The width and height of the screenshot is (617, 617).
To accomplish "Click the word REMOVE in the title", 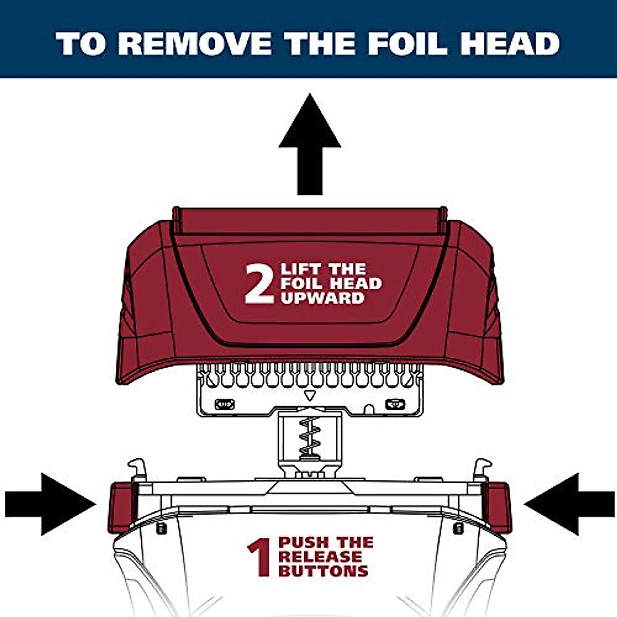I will pyautogui.click(x=198, y=43).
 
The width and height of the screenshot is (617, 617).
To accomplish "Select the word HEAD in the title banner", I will pyautogui.click(x=509, y=43).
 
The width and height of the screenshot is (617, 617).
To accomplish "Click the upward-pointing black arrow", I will pyautogui.click(x=310, y=149).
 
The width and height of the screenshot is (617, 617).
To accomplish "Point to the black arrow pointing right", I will pyautogui.click(x=51, y=504).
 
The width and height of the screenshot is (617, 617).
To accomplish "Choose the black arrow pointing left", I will pyautogui.click(x=568, y=504).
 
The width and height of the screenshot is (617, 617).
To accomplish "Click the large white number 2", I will pyautogui.click(x=259, y=284).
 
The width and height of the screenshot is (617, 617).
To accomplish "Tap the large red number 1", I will pyautogui.click(x=260, y=557).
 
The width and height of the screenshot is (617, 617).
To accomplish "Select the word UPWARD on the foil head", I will pyautogui.click(x=322, y=298).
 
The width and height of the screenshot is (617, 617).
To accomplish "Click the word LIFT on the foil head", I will pyautogui.click(x=300, y=269).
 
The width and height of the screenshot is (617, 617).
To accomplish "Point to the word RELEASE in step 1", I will pyautogui.click(x=320, y=556).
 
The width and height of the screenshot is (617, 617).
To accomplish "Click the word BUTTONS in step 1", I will pyautogui.click(x=323, y=570).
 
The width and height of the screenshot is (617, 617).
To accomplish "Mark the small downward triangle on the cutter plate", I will pyautogui.click(x=309, y=395).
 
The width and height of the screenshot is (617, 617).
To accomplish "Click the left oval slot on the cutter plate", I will pyautogui.click(x=224, y=404).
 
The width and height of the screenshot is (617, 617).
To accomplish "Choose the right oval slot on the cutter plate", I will pyautogui.click(x=395, y=404).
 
